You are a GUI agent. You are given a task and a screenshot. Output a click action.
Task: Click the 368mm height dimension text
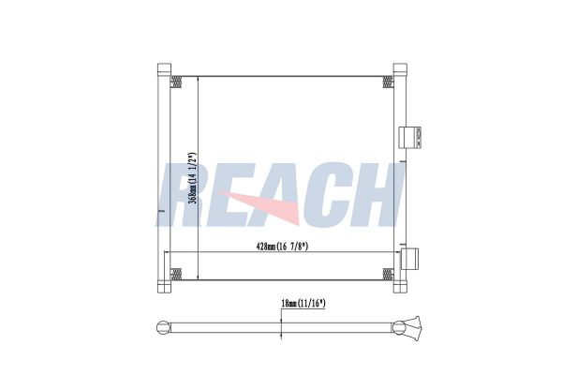191,178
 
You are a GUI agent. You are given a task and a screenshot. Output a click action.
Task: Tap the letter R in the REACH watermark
184,195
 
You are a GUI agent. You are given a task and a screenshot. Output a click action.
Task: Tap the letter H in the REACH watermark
375,195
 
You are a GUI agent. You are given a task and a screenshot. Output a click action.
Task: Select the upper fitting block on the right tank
411,137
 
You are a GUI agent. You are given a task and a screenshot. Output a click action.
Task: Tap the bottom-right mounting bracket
399,285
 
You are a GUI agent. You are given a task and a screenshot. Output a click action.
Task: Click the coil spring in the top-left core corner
176,82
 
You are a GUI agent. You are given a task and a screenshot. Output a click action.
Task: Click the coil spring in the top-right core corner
389,82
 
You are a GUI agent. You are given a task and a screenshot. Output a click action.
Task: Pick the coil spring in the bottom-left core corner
176,274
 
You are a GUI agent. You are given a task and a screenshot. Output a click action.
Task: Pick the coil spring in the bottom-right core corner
389,274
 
